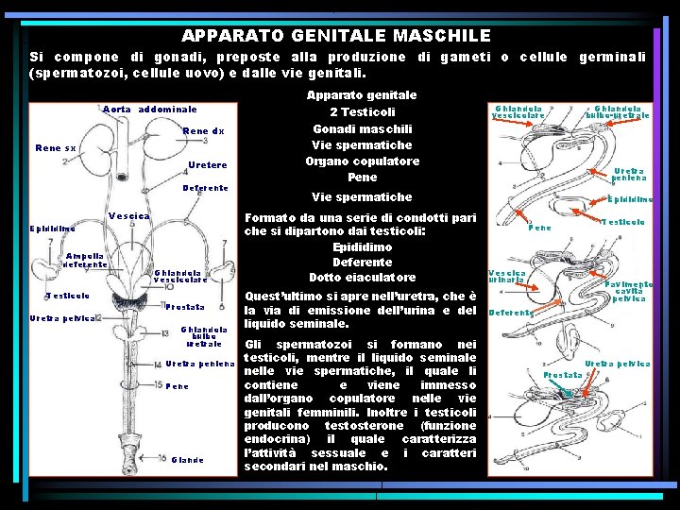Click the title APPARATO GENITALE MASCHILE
(335, 36)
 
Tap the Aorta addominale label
(149, 110)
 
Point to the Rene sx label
(56, 148)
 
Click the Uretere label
(207, 166)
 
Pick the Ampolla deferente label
(84, 260)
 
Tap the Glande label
(187, 460)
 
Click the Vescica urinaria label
(507, 276)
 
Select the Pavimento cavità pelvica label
(630, 291)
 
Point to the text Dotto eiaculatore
(362, 278)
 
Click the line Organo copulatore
(362, 161)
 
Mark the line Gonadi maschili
(362, 128)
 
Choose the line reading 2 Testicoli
(362, 112)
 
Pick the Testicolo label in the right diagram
(622, 222)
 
